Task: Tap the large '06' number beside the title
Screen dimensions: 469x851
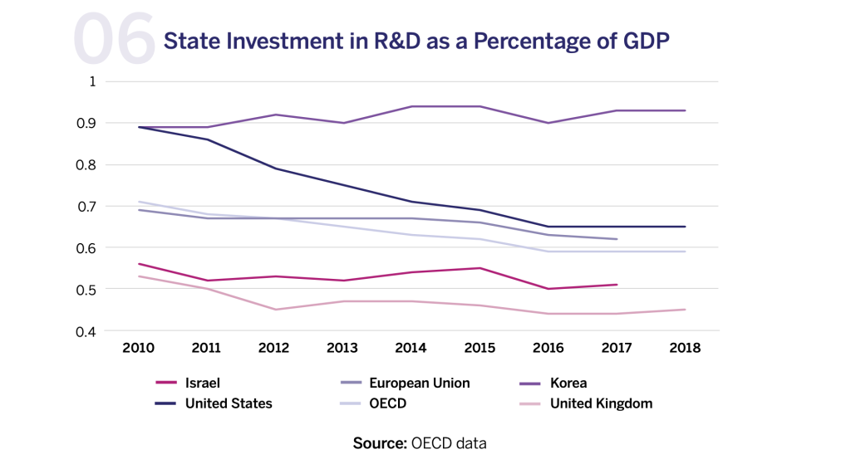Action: tap(114, 40)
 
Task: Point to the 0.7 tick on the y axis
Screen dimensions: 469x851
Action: tap(88, 206)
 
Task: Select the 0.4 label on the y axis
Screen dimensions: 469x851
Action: tap(88, 331)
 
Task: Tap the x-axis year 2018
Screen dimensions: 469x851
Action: tap(685, 348)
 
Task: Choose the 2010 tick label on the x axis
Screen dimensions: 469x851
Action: tap(138, 348)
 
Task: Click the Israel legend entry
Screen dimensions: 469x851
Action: tap(204, 384)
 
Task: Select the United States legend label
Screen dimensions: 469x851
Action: tap(229, 404)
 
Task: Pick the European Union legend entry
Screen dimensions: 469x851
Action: tap(418, 384)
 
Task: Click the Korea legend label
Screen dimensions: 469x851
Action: tap(568, 384)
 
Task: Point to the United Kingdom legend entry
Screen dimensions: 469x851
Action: tap(601, 404)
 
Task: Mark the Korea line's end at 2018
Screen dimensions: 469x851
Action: tap(685, 110)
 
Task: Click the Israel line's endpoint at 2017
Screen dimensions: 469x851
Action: tap(617, 285)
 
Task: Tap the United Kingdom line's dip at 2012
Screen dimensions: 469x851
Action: tap(275, 310)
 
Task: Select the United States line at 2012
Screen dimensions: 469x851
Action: tap(275, 169)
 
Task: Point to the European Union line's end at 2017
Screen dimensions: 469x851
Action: tap(617, 239)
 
